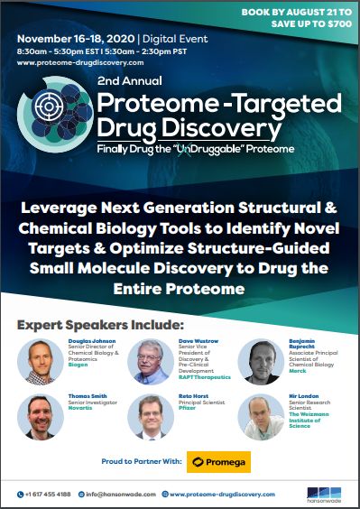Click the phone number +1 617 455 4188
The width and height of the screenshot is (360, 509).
54,494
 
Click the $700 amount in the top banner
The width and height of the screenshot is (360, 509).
335,21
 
